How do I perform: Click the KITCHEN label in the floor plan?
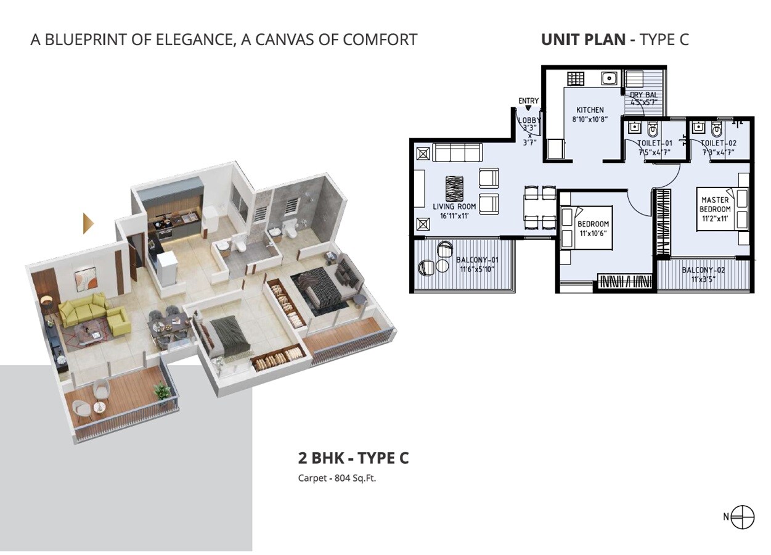590,110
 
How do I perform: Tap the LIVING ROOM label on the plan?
454,207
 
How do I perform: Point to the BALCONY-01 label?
476,260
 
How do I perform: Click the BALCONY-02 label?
703,270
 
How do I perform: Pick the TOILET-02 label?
718,142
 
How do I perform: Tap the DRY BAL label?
643,95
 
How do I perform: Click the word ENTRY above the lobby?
528,101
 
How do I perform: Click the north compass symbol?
743,517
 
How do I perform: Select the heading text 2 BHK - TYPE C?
353,458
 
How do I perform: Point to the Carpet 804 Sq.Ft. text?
337,477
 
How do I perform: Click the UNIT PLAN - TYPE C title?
614,39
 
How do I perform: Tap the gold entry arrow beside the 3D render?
89,223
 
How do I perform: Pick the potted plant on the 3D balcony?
162,391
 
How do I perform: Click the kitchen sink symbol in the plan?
610,78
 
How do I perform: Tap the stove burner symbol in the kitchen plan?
575,79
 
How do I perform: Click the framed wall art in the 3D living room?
85,279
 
